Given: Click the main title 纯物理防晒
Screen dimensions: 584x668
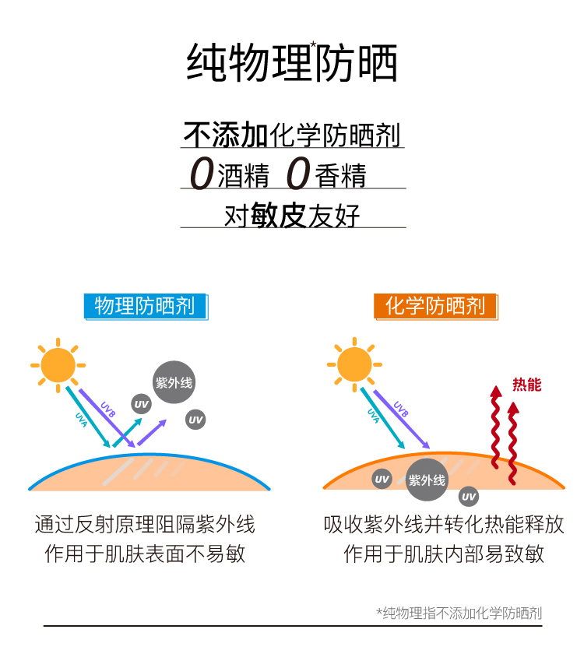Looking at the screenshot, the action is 292,63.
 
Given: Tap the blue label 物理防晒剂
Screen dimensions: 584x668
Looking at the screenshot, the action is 145,306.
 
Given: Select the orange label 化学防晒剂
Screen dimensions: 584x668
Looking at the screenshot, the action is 435,306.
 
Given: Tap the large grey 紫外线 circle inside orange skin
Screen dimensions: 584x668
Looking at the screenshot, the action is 427,480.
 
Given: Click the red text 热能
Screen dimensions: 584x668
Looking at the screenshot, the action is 526,385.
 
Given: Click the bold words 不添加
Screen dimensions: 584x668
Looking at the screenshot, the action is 226,135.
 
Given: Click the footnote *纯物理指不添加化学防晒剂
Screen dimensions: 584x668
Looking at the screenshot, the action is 459,613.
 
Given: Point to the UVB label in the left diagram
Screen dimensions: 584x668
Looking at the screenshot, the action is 107,410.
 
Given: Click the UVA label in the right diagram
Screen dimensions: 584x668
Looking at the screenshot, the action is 374,416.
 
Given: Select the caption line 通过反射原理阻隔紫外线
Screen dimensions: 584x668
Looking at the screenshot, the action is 145,524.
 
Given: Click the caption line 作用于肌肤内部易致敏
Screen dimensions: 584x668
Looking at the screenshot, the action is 444,554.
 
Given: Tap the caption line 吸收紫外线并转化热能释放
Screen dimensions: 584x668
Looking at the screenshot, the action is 444,524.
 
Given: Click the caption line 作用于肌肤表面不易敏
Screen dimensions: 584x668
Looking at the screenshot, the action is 145,554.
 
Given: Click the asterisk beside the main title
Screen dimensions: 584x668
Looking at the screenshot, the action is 314,45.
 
